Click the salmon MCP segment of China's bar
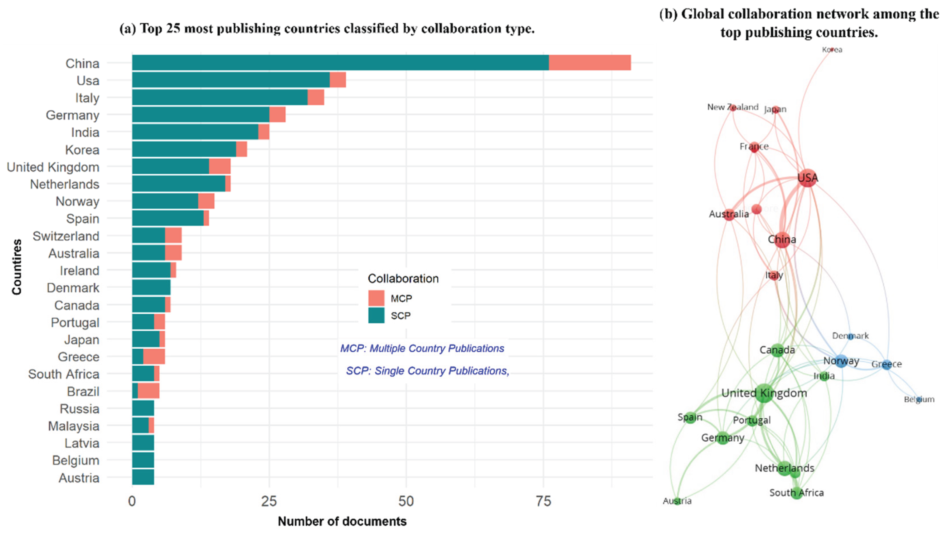pyautogui.click(x=590, y=63)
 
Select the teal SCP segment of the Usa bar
pyautogui.click(x=231, y=80)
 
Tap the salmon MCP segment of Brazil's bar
pyautogui.click(x=149, y=391)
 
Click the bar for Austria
pyautogui.click(x=143, y=477)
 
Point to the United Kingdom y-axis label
pyautogui.click(x=53, y=167)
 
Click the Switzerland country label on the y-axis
pyautogui.click(x=66, y=236)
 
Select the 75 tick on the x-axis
pyautogui.click(x=543, y=501)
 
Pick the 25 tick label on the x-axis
pyautogui.click(x=269, y=501)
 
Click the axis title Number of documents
pyautogui.click(x=342, y=521)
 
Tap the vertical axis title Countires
pyautogui.click(x=17, y=267)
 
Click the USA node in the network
pyautogui.click(x=808, y=178)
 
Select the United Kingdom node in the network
pyautogui.click(x=764, y=393)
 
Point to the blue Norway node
pyautogui.click(x=841, y=361)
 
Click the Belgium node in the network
pyautogui.click(x=919, y=399)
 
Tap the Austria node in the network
pyautogui.click(x=677, y=501)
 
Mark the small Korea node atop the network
pyautogui.click(x=832, y=49)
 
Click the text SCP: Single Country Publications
pyautogui.click(x=427, y=371)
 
